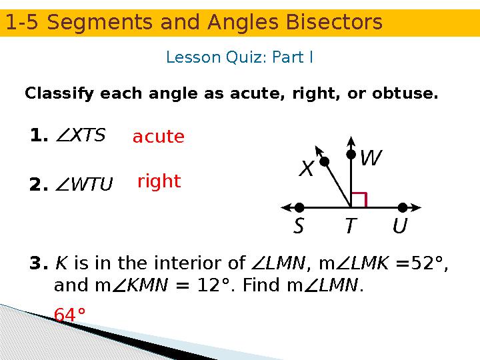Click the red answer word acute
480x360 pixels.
point(158,137)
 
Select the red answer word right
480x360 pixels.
point(159,181)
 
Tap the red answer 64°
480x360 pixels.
point(69,315)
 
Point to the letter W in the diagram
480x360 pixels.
point(370,159)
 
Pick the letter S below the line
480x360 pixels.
point(299,227)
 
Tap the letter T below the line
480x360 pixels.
point(349,227)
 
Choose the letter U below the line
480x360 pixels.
point(400,227)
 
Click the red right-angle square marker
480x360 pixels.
point(359,199)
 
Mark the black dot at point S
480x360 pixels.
point(299,207)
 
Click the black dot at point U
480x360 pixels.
point(402,207)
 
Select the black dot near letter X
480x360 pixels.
point(325,161)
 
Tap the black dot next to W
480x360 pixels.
point(351,155)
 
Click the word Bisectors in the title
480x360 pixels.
point(331,23)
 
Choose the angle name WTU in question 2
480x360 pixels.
point(91,183)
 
